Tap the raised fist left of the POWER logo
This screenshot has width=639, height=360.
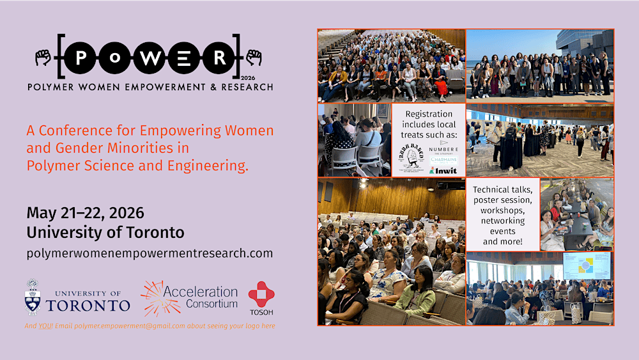click(43, 58)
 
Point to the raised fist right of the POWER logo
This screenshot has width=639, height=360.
click(254, 58)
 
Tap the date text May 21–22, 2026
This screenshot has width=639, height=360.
click(85, 213)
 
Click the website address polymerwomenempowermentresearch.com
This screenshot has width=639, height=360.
click(150, 253)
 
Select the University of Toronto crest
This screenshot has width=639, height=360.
click(33, 297)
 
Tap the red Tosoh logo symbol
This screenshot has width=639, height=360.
click(261, 294)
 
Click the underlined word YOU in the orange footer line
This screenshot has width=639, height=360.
click(45, 326)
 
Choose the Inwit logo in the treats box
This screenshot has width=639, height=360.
click(444, 171)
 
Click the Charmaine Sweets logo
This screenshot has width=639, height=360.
click(444, 160)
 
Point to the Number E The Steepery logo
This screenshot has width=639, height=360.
click(444, 149)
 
